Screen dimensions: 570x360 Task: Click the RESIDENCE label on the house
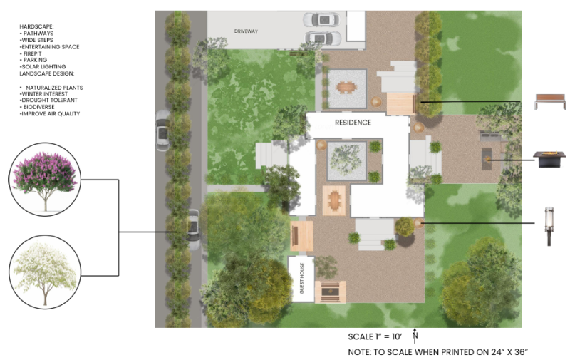(x=353, y=123)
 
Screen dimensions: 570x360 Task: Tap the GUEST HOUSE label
(x=301, y=279)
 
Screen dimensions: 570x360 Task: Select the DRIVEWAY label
(x=246, y=31)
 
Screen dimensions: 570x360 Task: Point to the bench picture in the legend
(x=550, y=101)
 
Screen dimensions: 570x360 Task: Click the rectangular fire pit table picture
(x=549, y=159)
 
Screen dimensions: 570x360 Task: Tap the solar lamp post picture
(x=549, y=226)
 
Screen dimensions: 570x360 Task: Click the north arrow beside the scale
(x=415, y=336)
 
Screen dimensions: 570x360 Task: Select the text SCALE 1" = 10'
(x=375, y=336)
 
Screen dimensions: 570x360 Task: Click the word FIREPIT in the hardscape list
(x=32, y=53)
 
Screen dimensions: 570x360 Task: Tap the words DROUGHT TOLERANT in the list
(x=48, y=100)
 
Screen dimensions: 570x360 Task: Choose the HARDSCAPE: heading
(x=36, y=26)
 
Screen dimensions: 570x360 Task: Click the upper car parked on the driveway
(x=321, y=19)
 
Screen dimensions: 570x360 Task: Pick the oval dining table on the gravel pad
(x=346, y=88)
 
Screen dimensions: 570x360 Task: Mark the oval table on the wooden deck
(x=334, y=200)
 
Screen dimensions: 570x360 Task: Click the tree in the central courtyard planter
(x=346, y=160)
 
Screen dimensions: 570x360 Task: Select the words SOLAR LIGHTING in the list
(x=43, y=66)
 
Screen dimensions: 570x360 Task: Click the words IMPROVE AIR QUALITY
(x=50, y=113)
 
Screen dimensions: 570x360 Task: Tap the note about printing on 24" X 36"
(x=438, y=352)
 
